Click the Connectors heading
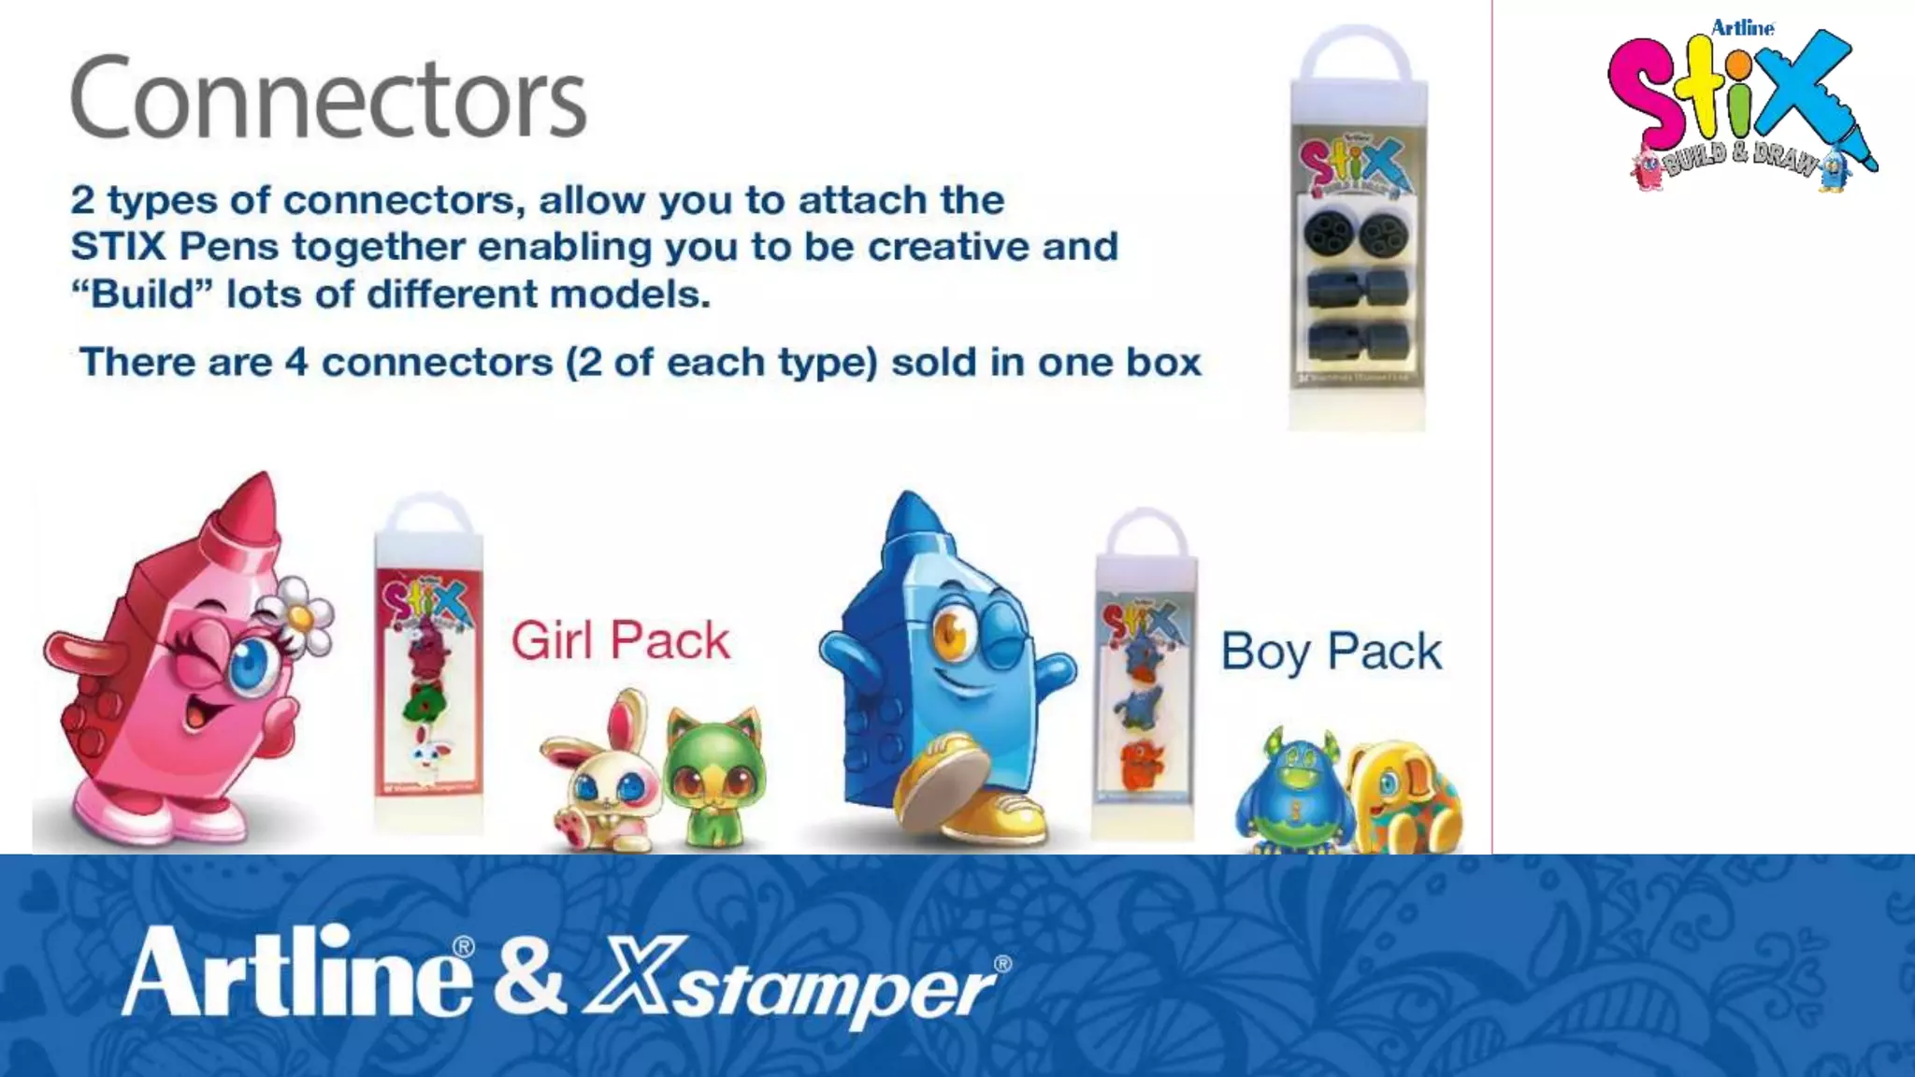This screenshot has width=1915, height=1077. pos(328,96)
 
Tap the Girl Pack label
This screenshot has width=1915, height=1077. pos(620,641)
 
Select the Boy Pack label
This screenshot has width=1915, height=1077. pos(1331,652)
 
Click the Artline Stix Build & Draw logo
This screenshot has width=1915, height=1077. pos(1741,108)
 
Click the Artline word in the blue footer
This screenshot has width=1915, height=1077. pos(297,972)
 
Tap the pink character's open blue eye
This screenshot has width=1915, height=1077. pos(250,661)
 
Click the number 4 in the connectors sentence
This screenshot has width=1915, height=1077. pos(295,363)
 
